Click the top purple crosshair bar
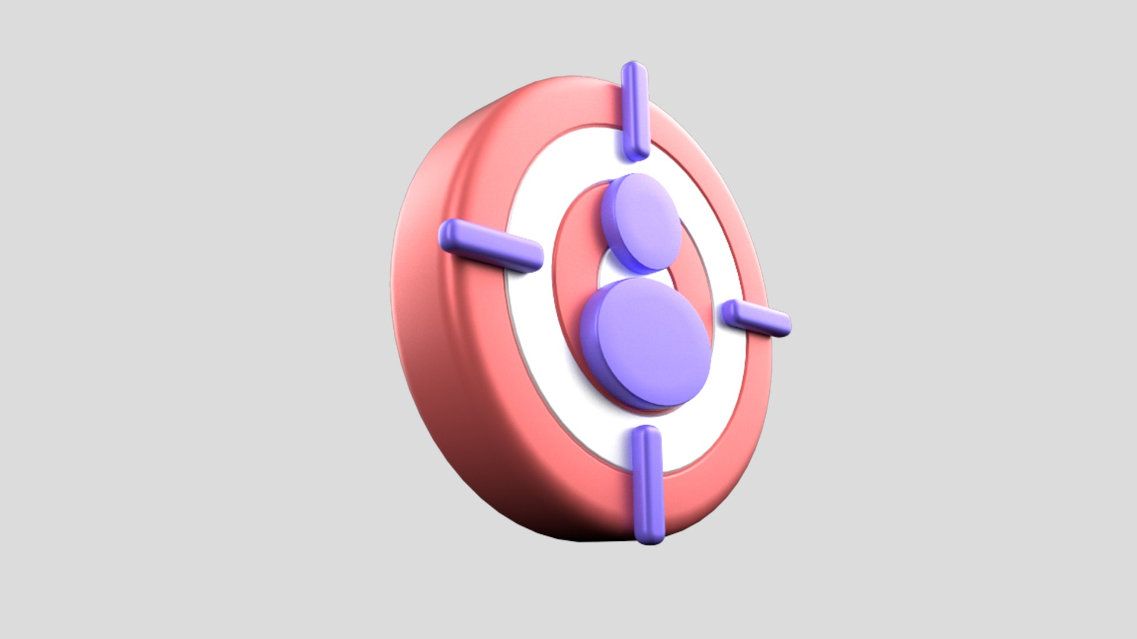coord(634,110)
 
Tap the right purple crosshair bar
coord(757,318)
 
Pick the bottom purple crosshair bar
coord(647,484)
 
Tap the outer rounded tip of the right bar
coord(782,325)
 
